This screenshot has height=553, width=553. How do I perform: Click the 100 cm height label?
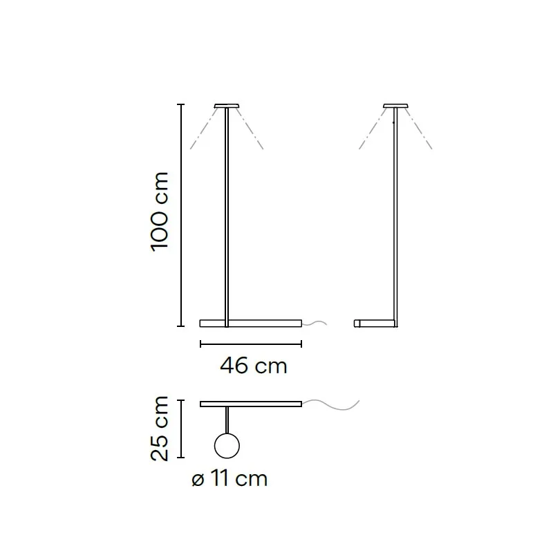(x=160, y=212)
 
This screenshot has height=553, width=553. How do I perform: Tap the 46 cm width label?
(x=254, y=366)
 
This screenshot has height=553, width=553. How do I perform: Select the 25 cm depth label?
(x=160, y=429)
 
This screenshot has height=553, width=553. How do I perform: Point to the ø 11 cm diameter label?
(x=229, y=478)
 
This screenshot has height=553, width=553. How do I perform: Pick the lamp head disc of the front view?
(x=227, y=106)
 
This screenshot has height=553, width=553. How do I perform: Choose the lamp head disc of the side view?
(x=395, y=106)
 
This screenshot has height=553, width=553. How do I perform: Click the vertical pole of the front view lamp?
(x=227, y=217)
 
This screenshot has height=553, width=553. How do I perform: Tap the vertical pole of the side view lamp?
(x=395, y=217)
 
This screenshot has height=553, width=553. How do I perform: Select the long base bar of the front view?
(x=251, y=324)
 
